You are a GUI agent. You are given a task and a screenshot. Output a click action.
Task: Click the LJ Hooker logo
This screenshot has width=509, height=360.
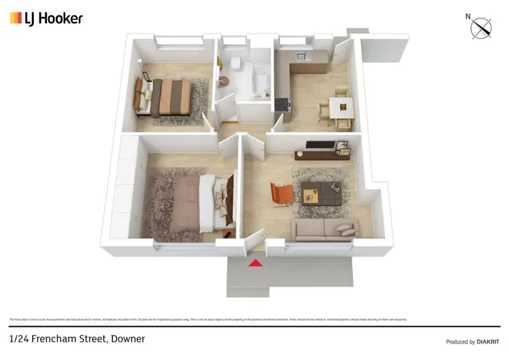46,18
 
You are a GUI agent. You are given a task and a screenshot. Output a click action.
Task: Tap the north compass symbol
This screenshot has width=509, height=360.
483,28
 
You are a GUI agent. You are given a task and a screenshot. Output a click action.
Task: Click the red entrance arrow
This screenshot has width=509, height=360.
255,263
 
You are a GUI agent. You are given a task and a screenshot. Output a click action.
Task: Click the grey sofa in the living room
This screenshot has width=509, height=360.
323,230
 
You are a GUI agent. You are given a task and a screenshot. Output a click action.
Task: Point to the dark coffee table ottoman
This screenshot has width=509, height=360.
320,194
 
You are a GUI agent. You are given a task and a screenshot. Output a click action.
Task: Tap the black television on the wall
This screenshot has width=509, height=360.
319,144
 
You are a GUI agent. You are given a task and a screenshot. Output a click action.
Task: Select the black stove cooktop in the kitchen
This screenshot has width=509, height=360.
282,105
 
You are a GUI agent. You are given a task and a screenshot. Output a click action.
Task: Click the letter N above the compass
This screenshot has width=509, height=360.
468,16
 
